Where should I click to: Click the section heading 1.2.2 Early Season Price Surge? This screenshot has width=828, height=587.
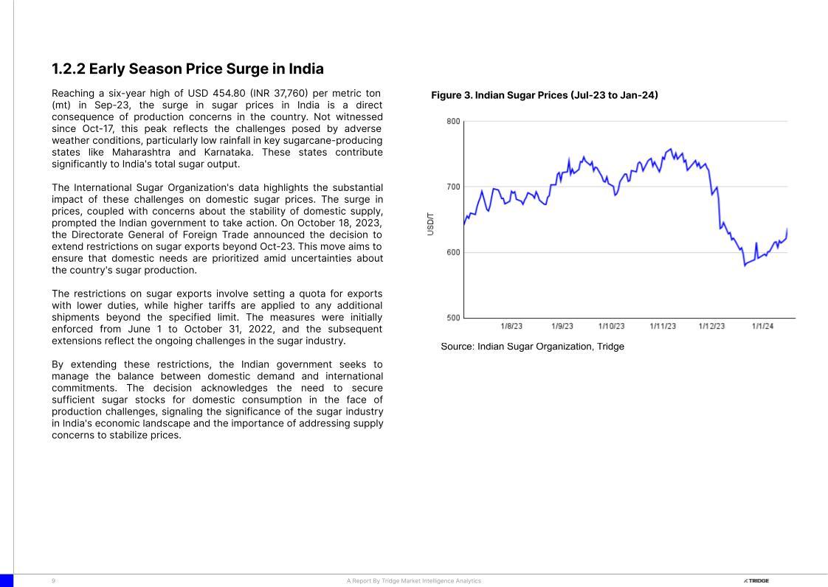(x=187, y=69)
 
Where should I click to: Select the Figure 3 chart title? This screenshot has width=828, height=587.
(x=544, y=95)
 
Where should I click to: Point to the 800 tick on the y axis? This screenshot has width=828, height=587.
(x=453, y=121)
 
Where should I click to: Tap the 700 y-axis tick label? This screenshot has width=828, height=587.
(x=453, y=187)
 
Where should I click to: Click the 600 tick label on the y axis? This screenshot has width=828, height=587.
(x=453, y=252)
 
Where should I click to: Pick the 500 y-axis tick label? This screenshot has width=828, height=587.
(x=453, y=318)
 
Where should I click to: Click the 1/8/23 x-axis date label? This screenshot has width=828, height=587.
(x=511, y=326)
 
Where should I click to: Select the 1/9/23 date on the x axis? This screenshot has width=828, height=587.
(x=562, y=326)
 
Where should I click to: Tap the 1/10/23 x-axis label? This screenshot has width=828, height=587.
(x=611, y=326)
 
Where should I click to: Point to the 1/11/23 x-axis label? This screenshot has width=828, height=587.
(x=663, y=326)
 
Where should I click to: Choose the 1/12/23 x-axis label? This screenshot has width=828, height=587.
(x=711, y=326)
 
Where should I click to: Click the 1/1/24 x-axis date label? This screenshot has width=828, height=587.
(x=762, y=326)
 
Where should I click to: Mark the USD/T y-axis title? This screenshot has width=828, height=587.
(x=430, y=223)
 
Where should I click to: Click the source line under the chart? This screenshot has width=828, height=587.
(x=532, y=347)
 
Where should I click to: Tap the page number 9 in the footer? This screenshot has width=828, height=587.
(x=53, y=581)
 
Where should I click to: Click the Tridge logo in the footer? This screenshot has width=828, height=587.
(x=756, y=581)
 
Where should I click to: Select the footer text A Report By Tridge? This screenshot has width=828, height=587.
(x=413, y=581)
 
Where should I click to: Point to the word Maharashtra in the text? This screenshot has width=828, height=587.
(x=141, y=152)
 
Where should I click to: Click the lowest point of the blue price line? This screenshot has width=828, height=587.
(x=745, y=265)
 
